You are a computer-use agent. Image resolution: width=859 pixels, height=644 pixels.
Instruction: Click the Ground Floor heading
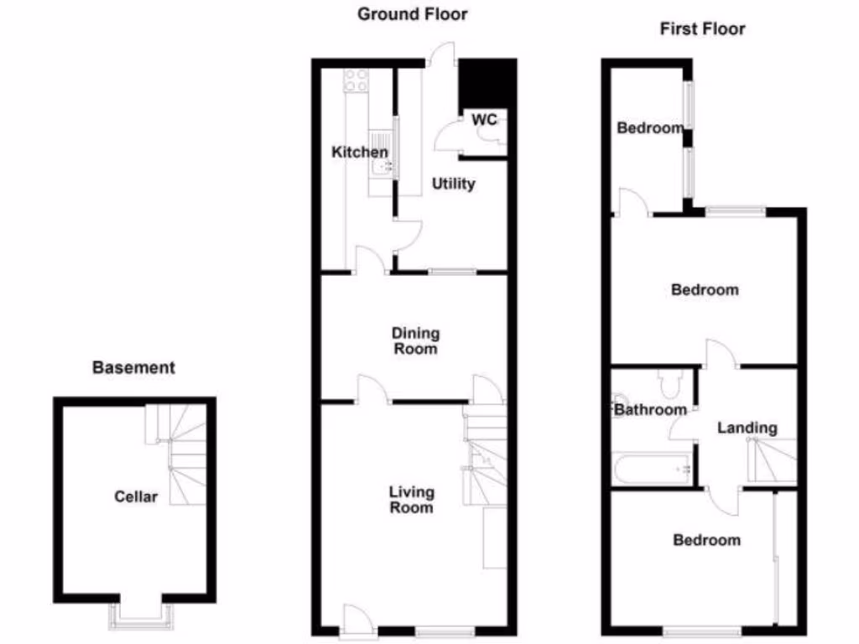[413, 14]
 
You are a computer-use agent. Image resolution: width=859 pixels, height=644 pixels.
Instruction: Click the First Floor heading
[702, 29]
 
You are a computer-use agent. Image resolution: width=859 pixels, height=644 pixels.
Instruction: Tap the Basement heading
[134, 367]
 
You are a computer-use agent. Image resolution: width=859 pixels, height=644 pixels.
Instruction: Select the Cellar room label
[136, 497]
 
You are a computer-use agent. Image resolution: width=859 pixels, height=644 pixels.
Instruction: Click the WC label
[485, 120]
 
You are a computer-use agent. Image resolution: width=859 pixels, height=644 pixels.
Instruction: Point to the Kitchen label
[360, 153]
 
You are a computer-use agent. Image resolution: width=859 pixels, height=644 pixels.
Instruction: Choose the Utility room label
[454, 184]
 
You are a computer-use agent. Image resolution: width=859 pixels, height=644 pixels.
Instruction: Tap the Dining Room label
[415, 340]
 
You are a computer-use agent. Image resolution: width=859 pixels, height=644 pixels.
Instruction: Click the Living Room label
[411, 500]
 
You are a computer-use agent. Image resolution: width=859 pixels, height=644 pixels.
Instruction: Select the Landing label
[747, 428]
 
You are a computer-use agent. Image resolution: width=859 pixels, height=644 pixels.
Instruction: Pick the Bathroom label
[650, 410]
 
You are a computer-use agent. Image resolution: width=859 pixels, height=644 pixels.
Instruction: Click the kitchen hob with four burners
[356, 80]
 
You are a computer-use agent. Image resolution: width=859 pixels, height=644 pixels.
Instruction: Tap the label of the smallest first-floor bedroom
[651, 128]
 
